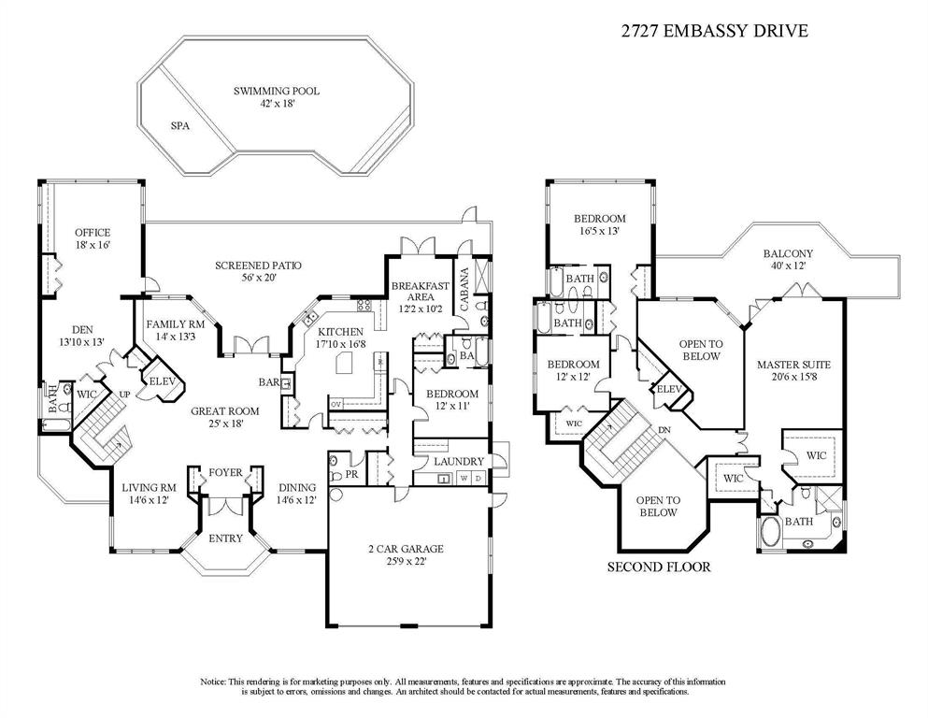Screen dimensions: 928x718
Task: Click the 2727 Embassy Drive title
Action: tap(714, 31)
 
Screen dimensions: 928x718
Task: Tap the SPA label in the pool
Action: tap(180, 126)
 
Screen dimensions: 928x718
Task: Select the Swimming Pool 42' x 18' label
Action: tap(277, 97)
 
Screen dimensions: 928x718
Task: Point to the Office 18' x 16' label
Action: tap(93, 238)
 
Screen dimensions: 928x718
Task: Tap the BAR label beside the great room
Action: tap(269, 382)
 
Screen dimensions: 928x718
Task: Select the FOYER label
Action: tap(225, 472)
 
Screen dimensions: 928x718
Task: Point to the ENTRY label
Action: tap(225, 538)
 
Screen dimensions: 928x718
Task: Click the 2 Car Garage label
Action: tap(406, 554)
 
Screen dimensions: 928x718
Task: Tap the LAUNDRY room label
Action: tap(459, 461)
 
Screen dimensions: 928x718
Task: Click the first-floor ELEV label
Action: tap(162, 381)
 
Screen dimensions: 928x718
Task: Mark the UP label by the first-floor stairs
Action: tap(125, 395)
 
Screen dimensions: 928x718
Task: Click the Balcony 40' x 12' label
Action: tap(788, 259)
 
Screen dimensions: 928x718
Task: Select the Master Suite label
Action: tap(793, 370)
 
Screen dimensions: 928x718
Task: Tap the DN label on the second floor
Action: tap(664, 430)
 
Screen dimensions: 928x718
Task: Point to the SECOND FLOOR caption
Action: tap(659, 567)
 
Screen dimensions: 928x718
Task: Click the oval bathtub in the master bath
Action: tap(770, 533)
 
